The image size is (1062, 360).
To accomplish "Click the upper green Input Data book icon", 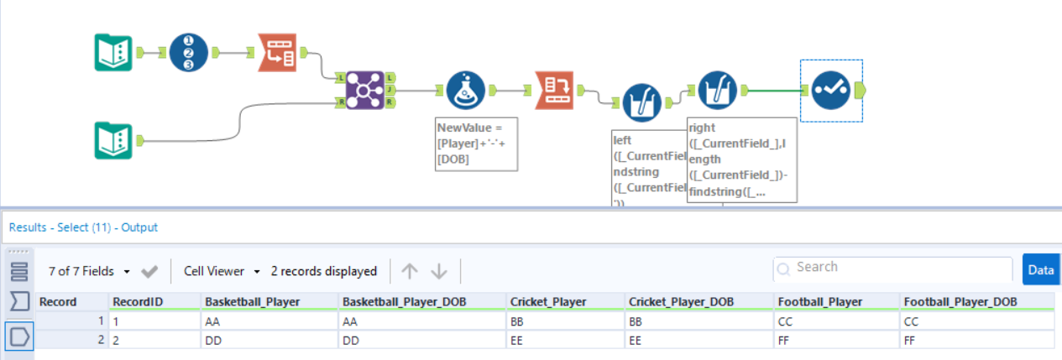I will click(x=112, y=53).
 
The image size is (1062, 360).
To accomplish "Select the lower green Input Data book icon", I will click(x=112, y=140).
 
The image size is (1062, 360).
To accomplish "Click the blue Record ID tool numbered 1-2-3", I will click(x=188, y=53).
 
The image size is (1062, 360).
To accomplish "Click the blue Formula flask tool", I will click(x=465, y=89).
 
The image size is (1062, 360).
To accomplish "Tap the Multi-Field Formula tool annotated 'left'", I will click(x=641, y=102).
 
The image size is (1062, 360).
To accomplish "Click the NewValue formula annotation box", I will click(x=476, y=143).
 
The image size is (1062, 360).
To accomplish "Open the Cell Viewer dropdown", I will click(x=221, y=271).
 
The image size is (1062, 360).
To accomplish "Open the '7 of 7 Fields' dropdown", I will click(x=90, y=271).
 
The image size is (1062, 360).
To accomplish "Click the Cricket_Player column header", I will click(x=541, y=302).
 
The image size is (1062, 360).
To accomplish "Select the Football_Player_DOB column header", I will click(x=960, y=302).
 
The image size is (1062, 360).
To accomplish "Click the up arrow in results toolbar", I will click(x=409, y=271).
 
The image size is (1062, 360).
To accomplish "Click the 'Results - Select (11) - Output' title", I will click(x=83, y=227).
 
